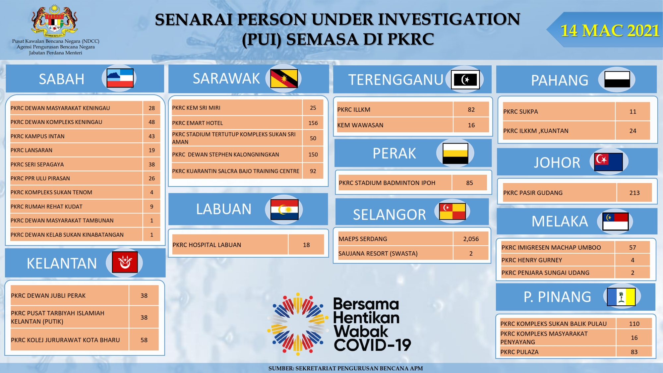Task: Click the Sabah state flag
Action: (x=120, y=78)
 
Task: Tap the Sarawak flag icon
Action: (x=284, y=79)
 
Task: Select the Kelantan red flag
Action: (x=125, y=262)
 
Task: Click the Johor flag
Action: (x=608, y=162)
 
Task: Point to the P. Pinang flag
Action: (x=621, y=297)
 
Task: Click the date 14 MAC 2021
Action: (x=610, y=31)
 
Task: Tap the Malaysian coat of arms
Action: (x=55, y=21)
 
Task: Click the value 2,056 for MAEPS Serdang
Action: (x=471, y=239)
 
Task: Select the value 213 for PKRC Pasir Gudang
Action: (x=634, y=193)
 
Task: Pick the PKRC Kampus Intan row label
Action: (x=37, y=136)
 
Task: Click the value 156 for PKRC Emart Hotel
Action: (x=313, y=123)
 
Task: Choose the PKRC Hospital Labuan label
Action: (x=207, y=245)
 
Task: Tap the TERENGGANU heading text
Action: (x=396, y=80)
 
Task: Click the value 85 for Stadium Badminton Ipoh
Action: (x=469, y=183)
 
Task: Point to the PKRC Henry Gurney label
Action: (x=532, y=260)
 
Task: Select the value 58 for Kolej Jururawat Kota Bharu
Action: (x=144, y=340)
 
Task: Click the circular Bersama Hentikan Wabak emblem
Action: (x=298, y=324)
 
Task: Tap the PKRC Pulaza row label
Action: (x=519, y=352)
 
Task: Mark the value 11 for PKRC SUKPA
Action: (x=633, y=111)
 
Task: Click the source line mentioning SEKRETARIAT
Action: (x=345, y=368)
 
